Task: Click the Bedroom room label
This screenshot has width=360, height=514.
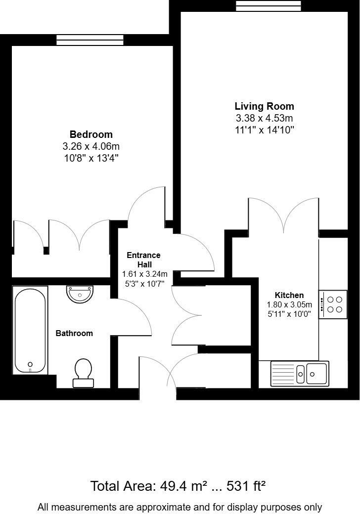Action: tap(91, 134)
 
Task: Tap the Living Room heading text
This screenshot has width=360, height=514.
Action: tap(264, 106)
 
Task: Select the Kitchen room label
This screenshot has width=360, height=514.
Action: tap(289, 295)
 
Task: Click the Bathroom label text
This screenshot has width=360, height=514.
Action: tap(74, 333)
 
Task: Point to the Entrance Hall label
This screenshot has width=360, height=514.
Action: tap(144, 260)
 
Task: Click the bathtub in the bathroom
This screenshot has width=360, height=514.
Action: tap(31, 331)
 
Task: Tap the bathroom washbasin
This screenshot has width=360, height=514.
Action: tap(80, 294)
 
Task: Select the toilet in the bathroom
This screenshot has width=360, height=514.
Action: tap(83, 372)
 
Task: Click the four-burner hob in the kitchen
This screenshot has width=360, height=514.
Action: tap(332, 304)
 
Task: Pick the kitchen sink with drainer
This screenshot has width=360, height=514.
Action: tap(299, 374)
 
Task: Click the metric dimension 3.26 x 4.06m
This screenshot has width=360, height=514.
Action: tap(91, 146)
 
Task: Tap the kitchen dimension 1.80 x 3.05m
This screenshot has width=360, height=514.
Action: tap(289, 304)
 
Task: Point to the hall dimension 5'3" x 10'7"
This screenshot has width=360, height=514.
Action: tap(144, 283)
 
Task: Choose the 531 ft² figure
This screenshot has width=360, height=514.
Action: tap(246, 486)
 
